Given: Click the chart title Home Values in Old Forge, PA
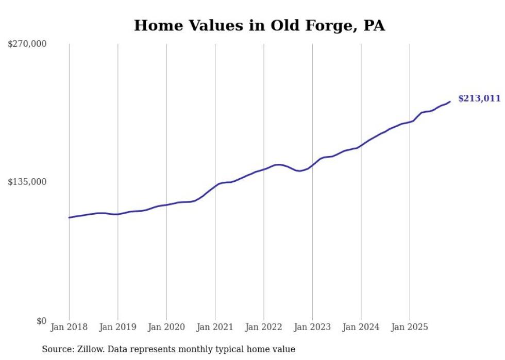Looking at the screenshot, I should [x=259, y=25].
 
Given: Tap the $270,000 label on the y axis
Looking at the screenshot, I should [x=27, y=44].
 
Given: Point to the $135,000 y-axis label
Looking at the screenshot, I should [x=27, y=182].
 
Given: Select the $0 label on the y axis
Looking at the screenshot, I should [x=41, y=321].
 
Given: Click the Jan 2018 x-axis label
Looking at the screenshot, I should [x=69, y=327].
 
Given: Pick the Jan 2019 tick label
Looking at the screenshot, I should [x=117, y=327].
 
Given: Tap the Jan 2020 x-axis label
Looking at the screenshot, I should [x=166, y=327].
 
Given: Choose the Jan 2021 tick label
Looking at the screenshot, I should [x=215, y=327].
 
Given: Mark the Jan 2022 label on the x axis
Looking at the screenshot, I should [x=264, y=327].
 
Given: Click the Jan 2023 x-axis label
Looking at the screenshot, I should [x=312, y=327].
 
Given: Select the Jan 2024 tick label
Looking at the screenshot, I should [x=361, y=327].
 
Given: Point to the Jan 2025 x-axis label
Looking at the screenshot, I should [x=410, y=327].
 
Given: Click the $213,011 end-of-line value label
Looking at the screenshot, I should [x=479, y=98].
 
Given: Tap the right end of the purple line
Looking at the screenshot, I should [x=450, y=101].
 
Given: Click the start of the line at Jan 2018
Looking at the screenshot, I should [x=69, y=217].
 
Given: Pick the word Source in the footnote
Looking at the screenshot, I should [x=57, y=349].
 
